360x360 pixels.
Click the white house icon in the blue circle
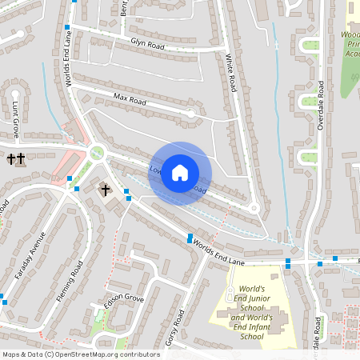(180, 173)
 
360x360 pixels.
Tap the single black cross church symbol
(105, 190)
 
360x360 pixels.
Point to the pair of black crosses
(15, 159)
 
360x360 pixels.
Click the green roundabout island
(98, 152)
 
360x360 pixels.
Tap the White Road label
(230, 72)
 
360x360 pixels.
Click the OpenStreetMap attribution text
(80, 354)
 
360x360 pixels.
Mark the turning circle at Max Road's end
(190, 114)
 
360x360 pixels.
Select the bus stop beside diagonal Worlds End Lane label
(190, 238)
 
